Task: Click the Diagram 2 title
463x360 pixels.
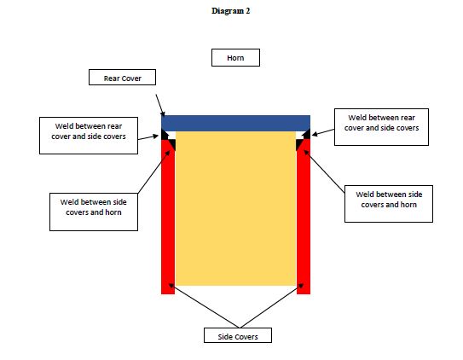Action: [230, 11]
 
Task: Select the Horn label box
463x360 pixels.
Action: [235, 58]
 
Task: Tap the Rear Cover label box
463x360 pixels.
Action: [122, 78]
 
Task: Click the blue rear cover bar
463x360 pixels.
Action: [235, 123]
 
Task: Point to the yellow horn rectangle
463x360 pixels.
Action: [235, 208]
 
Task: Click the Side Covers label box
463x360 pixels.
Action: [238, 335]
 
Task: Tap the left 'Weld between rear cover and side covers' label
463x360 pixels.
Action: [89, 136]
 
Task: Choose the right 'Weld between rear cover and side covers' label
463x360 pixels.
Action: [381, 127]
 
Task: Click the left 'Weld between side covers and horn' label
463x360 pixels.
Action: [94, 212]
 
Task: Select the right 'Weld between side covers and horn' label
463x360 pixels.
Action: [389, 204]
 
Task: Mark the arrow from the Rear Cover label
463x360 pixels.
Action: [160, 106]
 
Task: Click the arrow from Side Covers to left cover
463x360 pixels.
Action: [204, 305]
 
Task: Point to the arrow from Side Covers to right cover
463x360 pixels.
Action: [272, 305]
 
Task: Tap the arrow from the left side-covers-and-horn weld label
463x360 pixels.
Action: [154, 171]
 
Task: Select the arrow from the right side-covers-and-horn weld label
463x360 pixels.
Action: [324, 171]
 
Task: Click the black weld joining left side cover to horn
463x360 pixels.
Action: [172, 144]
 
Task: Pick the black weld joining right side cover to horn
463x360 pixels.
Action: [299, 144]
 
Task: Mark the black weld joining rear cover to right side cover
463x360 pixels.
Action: [307, 135]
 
